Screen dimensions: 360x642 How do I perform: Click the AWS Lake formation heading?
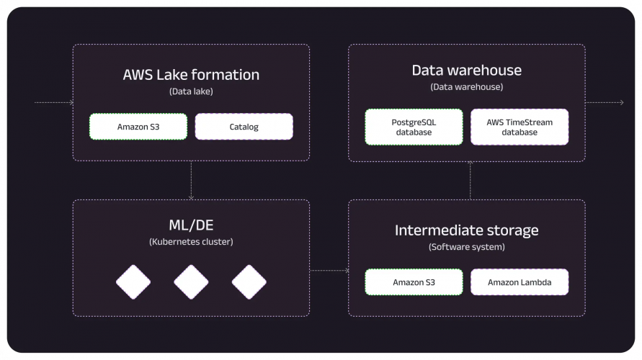191,74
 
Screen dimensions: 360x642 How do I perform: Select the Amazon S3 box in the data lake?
138,127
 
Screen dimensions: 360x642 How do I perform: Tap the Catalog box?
244,127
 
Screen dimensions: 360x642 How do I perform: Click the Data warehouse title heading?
466,70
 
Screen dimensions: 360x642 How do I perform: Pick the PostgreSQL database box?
414,127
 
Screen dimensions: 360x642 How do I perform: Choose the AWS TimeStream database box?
520,127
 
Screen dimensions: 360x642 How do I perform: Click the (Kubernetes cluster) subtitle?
191,242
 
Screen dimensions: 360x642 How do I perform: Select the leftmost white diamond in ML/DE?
133,282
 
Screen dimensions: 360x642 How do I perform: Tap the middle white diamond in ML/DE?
191,282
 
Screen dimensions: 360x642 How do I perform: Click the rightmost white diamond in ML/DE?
249,282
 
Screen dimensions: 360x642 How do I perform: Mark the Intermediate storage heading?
466,230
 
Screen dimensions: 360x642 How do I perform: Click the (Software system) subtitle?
466,247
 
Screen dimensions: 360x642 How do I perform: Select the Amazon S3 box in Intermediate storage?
414,282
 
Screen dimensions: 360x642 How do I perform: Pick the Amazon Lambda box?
520,282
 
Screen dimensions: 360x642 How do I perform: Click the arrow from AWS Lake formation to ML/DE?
191,180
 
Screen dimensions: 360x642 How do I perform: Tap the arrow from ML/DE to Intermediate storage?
329,271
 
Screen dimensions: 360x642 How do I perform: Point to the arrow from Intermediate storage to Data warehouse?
470,180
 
